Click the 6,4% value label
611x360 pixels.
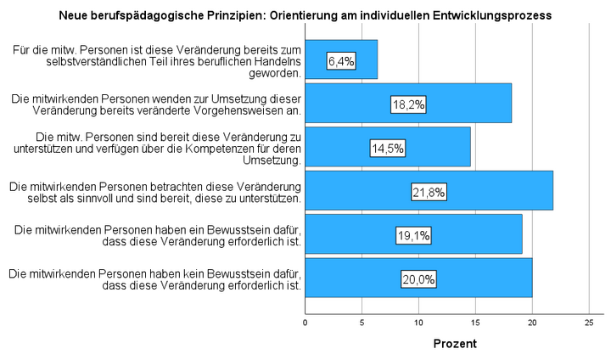pos(341,60)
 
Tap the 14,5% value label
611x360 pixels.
pos(387,148)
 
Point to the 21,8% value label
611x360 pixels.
pos(429,192)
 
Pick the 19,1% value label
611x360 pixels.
pos(413,235)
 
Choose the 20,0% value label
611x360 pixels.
pos(418,279)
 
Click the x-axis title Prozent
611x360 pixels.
pos(455,345)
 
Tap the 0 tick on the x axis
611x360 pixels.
pos(305,323)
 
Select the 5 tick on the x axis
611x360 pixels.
pos(362,323)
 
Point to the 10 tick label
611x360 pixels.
pos(418,323)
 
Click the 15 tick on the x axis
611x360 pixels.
pos(475,323)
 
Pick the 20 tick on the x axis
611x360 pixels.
pos(532,323)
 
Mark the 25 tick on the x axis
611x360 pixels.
pos(589,323)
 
